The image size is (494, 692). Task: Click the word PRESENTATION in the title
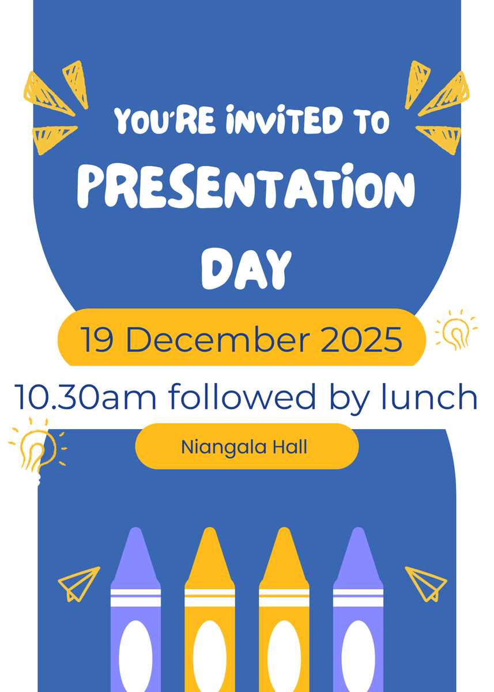click(246, 187)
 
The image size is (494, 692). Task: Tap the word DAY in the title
click(246, 269)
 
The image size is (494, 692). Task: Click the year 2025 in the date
click(361, 339)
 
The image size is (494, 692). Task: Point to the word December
click(218, 339)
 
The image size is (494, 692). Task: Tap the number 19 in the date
click(97, 339)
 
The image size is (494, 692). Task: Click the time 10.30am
click(85, 397)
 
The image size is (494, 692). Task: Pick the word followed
click(242, 396)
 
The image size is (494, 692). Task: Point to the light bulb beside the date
click(456, 329)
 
